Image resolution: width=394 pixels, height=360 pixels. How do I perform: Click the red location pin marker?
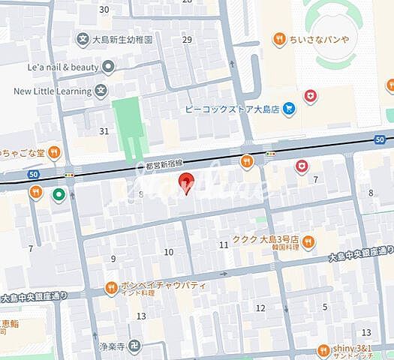(x=185, y=182)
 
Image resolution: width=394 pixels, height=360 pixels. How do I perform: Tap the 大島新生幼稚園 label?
(x=122, y=39)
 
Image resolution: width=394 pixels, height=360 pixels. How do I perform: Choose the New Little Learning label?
(x=51, y=91)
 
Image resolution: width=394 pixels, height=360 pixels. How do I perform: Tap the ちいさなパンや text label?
(x=323, y=38)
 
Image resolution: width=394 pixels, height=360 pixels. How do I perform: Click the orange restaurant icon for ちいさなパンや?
(x=279, y=38)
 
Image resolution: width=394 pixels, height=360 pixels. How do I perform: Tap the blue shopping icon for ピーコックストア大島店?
(x=289, y=109)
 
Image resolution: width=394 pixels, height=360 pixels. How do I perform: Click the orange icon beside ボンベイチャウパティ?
(x=111, y=286)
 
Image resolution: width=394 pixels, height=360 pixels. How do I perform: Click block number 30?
(x=104, y=10)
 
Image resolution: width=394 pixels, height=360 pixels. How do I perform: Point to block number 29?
(x=187, y=40)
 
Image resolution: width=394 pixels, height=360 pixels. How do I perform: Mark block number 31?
(x=104, y=131)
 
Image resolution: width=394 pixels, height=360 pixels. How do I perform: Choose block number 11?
(x=224, y=245)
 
